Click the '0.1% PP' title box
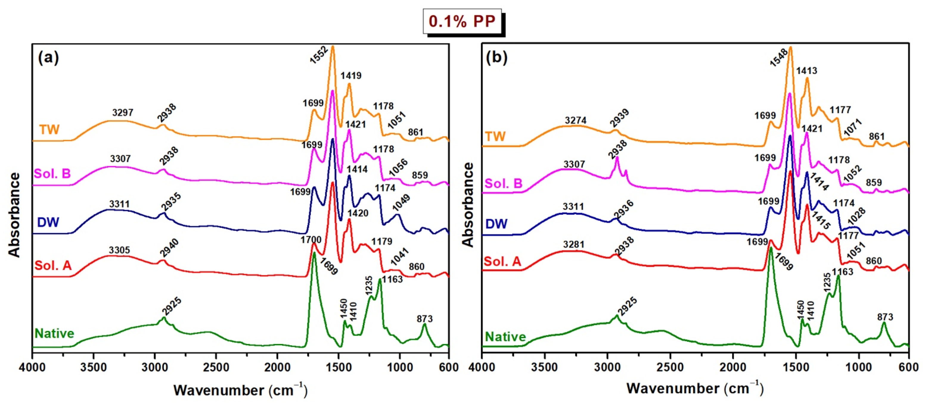[x=462, y=21]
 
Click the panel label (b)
[x=496, y=58]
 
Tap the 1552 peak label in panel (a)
[x=319, y=55]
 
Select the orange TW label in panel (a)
[x=49, y=129]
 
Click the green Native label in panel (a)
[x=54, y=333]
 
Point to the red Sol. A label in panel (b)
[x=502, y=261]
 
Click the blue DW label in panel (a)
[x=48, y=222]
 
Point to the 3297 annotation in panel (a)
[x=123, y=112]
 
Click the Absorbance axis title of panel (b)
[x=468, y=205]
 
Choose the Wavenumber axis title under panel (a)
[x=240, y=390]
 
